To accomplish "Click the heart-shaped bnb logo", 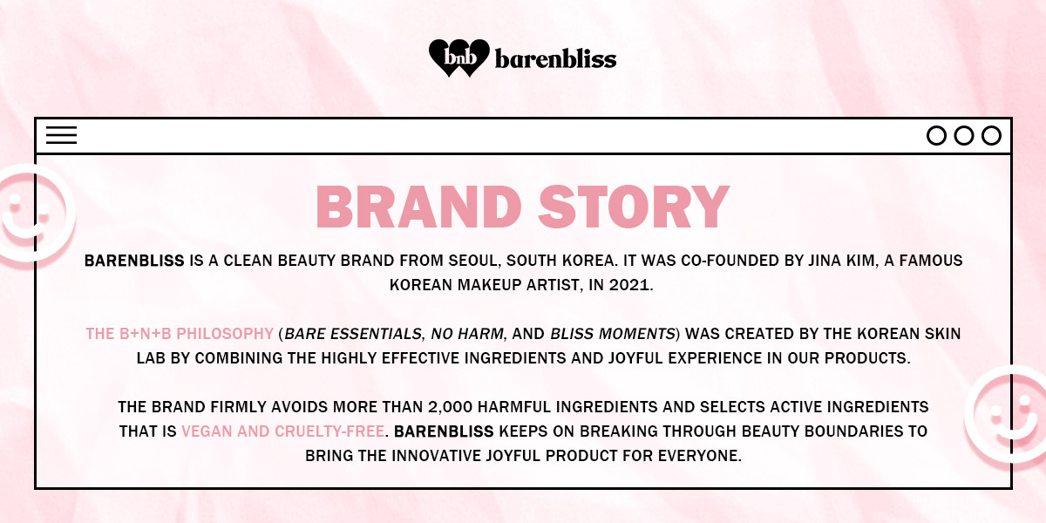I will (458, 58).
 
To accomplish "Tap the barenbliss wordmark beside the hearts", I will (555, 58).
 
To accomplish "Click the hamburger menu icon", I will (62, 135).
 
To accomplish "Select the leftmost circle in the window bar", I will (936, 136).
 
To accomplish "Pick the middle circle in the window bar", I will (963, 136).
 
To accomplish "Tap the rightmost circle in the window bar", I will (991, 136).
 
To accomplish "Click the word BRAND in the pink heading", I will (418, 207).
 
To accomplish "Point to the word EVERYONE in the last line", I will (697, 456).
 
